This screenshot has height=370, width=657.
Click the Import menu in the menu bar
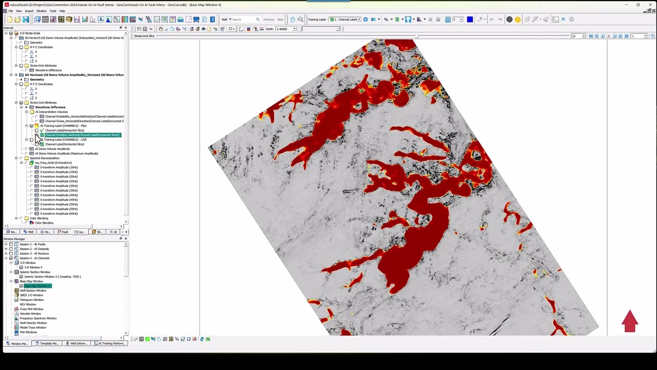[29, 11]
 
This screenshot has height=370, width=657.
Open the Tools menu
[53, 11]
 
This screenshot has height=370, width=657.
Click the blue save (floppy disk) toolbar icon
[26, 20]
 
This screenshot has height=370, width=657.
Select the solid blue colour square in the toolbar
[470, 20]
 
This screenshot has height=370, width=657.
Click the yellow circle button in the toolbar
[517, 20]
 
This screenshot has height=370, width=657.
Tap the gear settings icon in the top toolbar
[571, 20]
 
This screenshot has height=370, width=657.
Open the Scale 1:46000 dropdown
[294, 29]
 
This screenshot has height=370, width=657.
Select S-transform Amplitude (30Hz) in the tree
[59, 186]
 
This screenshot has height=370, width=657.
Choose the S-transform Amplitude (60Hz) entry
[59, 214]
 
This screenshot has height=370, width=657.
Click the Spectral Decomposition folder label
[45, 158]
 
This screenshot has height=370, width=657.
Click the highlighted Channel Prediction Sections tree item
[82, 135]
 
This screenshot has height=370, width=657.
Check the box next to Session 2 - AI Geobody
[11, 249]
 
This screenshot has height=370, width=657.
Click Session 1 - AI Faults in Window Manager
[32, 245]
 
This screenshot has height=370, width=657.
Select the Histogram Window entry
[32, 300]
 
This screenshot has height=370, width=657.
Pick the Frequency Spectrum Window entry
[38, 319]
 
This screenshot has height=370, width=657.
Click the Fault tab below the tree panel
[63, 232]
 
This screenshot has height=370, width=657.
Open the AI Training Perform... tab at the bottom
[110, 343]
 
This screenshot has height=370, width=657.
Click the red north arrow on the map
[630, 321]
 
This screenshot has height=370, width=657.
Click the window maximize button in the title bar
[638, 5]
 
